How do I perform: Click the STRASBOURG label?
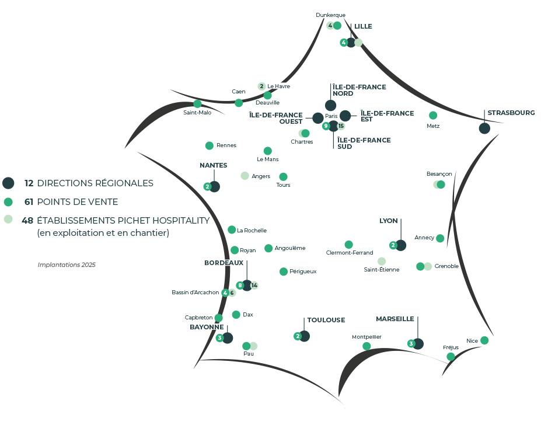pos(511,113)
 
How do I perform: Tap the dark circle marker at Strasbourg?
pos(484,128)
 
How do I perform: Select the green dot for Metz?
pos(433,116)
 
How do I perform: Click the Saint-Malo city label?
pos(197,113)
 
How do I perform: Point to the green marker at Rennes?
pos(210,145)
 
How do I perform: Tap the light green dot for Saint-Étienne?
pos(382,261)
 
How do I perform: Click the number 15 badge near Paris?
pos(341,126)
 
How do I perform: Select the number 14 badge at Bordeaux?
pos(254,286)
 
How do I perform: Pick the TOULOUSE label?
pos(326,320)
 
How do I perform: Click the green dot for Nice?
pos(484,340)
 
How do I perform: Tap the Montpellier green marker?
pos(367,346)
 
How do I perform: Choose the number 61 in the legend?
pos(27,202)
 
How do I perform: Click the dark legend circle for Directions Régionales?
pos(8,183)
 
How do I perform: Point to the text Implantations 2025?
pos(67,265)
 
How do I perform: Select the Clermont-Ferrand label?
pos(350,253)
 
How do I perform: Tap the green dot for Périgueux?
pos(284,272)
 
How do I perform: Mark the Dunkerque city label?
pos(330,15)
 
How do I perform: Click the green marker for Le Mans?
pos(268,151)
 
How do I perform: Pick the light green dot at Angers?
pos(245,176)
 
